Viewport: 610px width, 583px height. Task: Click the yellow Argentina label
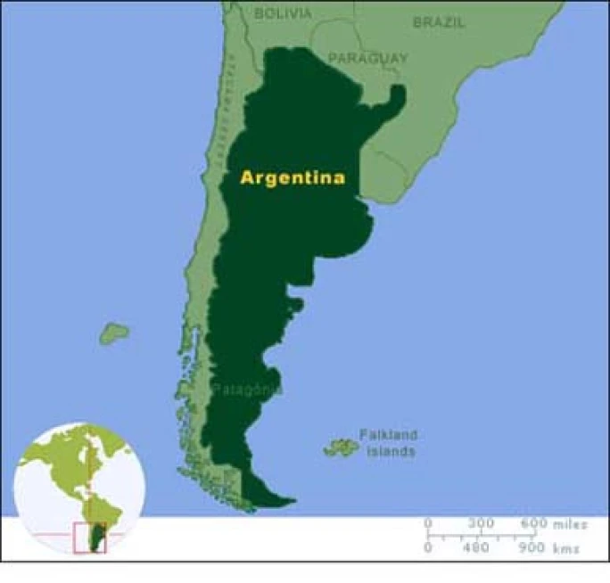click(293, 177)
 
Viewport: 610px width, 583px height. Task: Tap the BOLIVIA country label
click(283, 13)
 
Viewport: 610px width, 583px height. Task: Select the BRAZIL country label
click(439, 22)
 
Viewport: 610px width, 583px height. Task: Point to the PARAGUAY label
click(367, 58)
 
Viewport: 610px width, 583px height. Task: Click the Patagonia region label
click(247, 390)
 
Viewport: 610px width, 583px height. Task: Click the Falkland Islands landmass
click(340, 447)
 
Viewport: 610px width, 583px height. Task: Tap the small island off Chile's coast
click(113, 333)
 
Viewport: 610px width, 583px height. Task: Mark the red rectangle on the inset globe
click(89, 538)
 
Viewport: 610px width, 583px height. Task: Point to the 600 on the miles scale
click(534, 522)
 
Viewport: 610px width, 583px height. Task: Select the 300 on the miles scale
click(482, 522)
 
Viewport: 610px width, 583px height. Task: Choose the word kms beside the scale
click(565, 548)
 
